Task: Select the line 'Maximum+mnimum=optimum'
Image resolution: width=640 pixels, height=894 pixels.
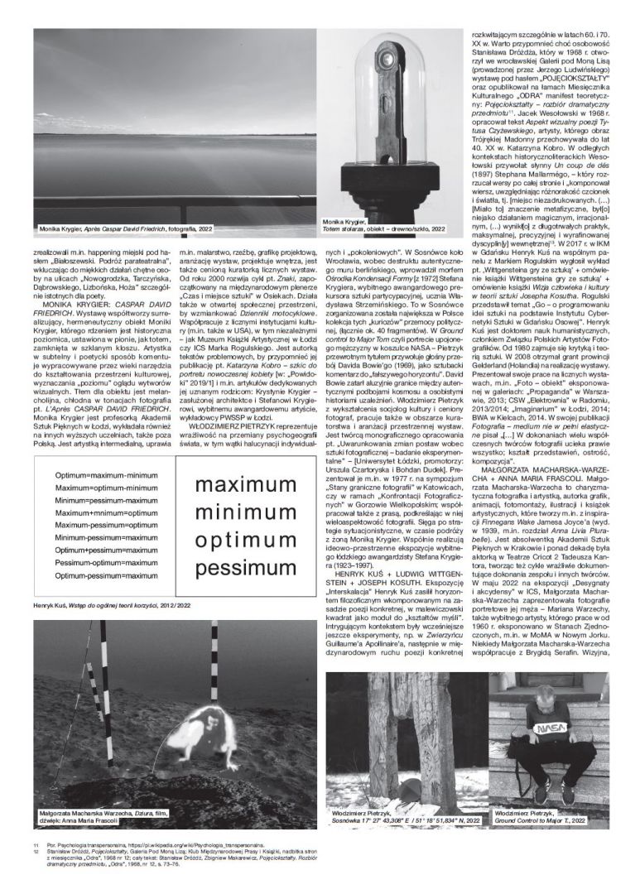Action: click(106, 513)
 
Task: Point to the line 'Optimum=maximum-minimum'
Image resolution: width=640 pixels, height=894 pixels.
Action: click(106, 476)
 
